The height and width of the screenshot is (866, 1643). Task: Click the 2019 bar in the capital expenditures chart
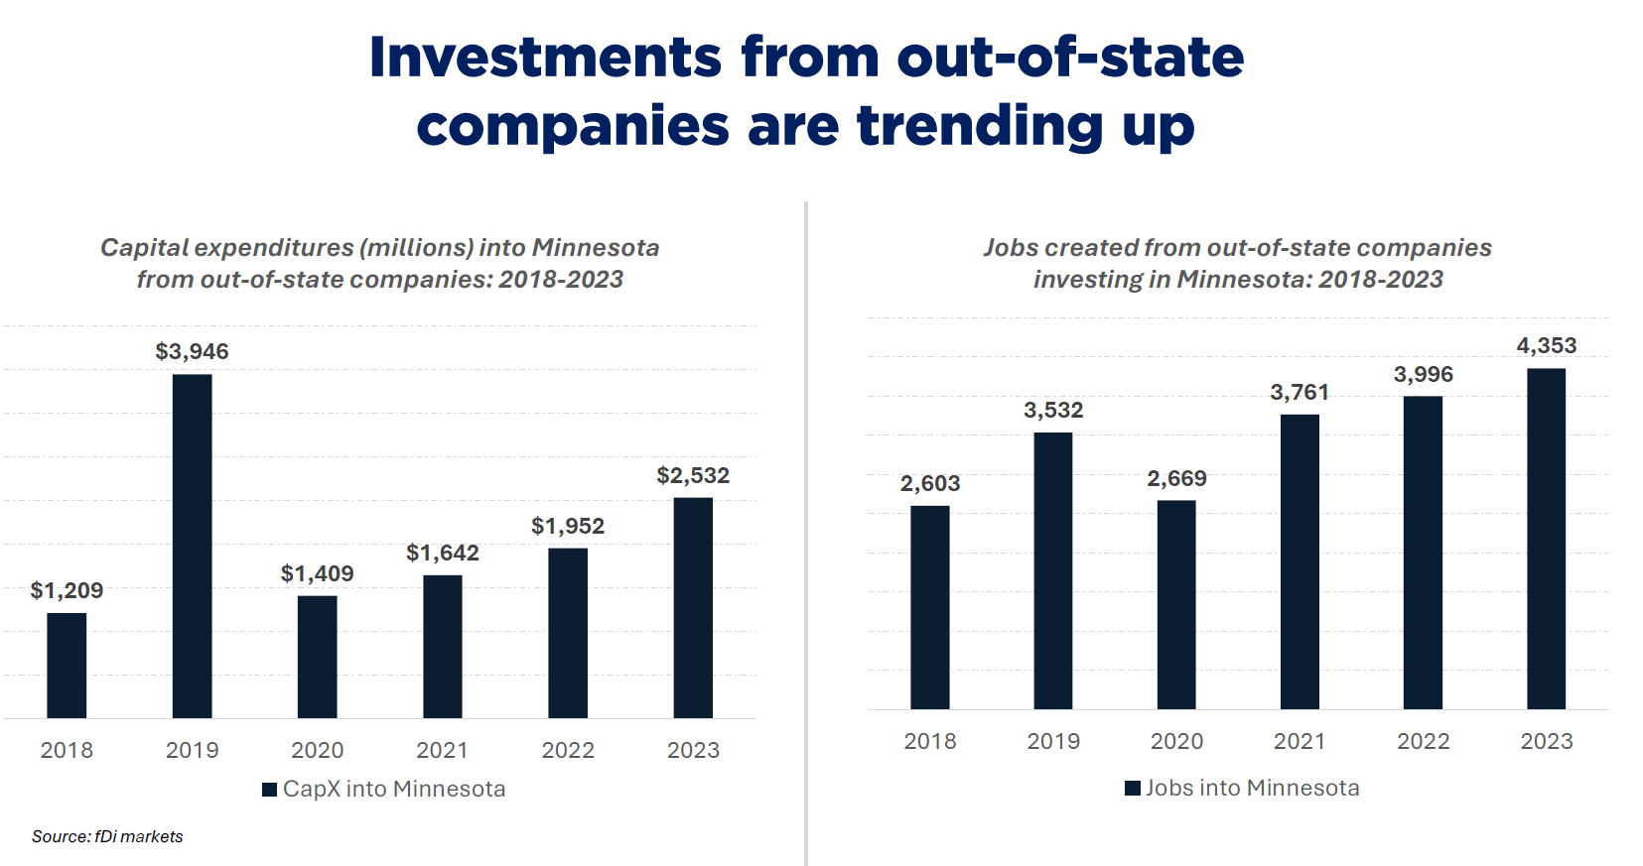tap(192, 546)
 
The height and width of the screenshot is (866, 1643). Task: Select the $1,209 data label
tap(67, 590)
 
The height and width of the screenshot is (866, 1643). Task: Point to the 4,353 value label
tap(1546, 345)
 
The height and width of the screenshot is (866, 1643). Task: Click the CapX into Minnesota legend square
tap(269, 790)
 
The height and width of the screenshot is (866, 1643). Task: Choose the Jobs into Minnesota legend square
tap(1132, 789)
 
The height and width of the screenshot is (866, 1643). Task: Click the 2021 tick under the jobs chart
tap(1300, 741)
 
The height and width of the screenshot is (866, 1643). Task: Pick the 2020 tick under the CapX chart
tap(317, 750)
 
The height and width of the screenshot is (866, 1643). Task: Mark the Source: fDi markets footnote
tap(107, 836)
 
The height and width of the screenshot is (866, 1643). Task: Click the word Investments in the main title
tap(545, 57)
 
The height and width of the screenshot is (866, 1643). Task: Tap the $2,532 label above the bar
tap(693, 475)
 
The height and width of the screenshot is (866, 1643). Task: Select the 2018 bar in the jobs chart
tap(929, 607)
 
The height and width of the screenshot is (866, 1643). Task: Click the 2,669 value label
tap(1176, 478)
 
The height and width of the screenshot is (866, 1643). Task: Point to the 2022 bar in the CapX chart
tap(568, 633)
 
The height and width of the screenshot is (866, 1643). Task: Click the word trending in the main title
tap(980, 126)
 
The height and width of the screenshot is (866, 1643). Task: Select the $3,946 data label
tap(192, 351)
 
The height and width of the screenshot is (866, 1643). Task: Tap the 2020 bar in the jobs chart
tap(1176, 604)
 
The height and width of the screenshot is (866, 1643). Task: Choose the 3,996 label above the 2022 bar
tap(1423, 374)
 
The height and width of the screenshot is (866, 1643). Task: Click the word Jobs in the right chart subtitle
tap(1011, 247)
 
